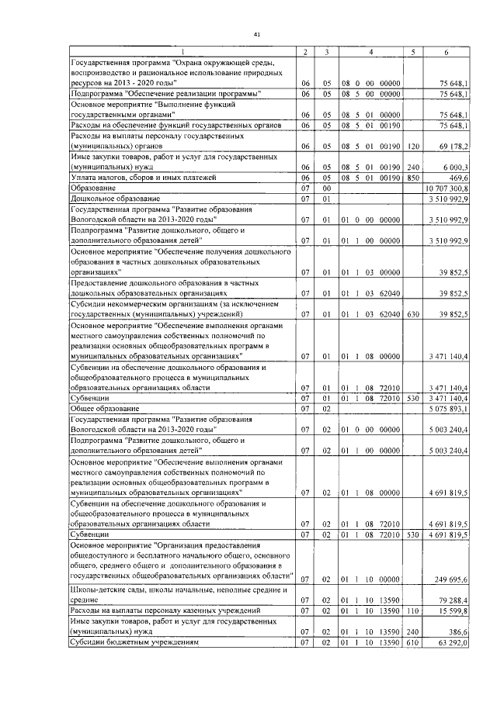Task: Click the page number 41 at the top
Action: pyautogui.click(x=257, y=33)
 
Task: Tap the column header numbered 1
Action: pyautogui.click(x=183, y=52)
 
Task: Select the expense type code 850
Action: pyautogui.click(x=413, y=178)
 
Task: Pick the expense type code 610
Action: pyautogui.click(x=413, y=643)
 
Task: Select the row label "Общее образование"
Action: pyautogui.click(x=105, y=408)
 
